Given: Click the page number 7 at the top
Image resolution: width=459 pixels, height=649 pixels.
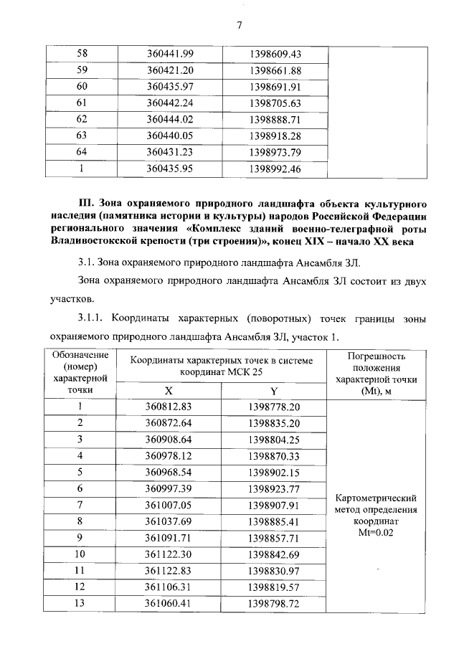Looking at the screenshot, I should [240, 27].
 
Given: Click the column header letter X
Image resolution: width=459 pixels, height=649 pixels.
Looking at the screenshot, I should [169, 391].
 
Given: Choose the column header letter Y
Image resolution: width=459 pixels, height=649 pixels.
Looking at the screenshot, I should [274, 391].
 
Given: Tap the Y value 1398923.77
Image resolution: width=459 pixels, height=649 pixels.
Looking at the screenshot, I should [275, 489].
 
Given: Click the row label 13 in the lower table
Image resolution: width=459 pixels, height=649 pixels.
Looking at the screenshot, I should [80, 603].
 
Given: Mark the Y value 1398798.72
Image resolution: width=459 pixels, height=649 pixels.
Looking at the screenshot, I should [275, 603].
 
